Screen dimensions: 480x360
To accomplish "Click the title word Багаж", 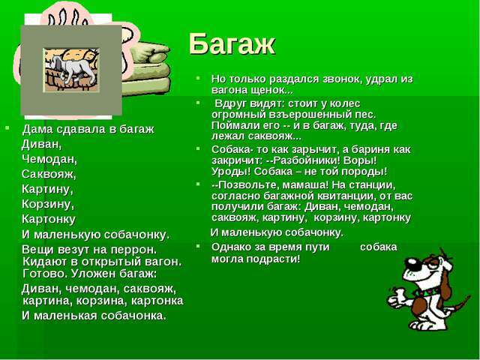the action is pyautogui.click(x=232, y=44).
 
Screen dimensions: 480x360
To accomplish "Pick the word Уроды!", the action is pyautogui.click(x=231, y=172).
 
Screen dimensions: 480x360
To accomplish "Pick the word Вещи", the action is pyautogui.click(x=35, y=250).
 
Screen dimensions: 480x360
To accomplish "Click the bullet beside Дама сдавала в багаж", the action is pyautogui.click(x=7, y=127).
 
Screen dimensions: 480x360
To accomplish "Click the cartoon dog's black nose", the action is pyautogui.click(x=412, y=262).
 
